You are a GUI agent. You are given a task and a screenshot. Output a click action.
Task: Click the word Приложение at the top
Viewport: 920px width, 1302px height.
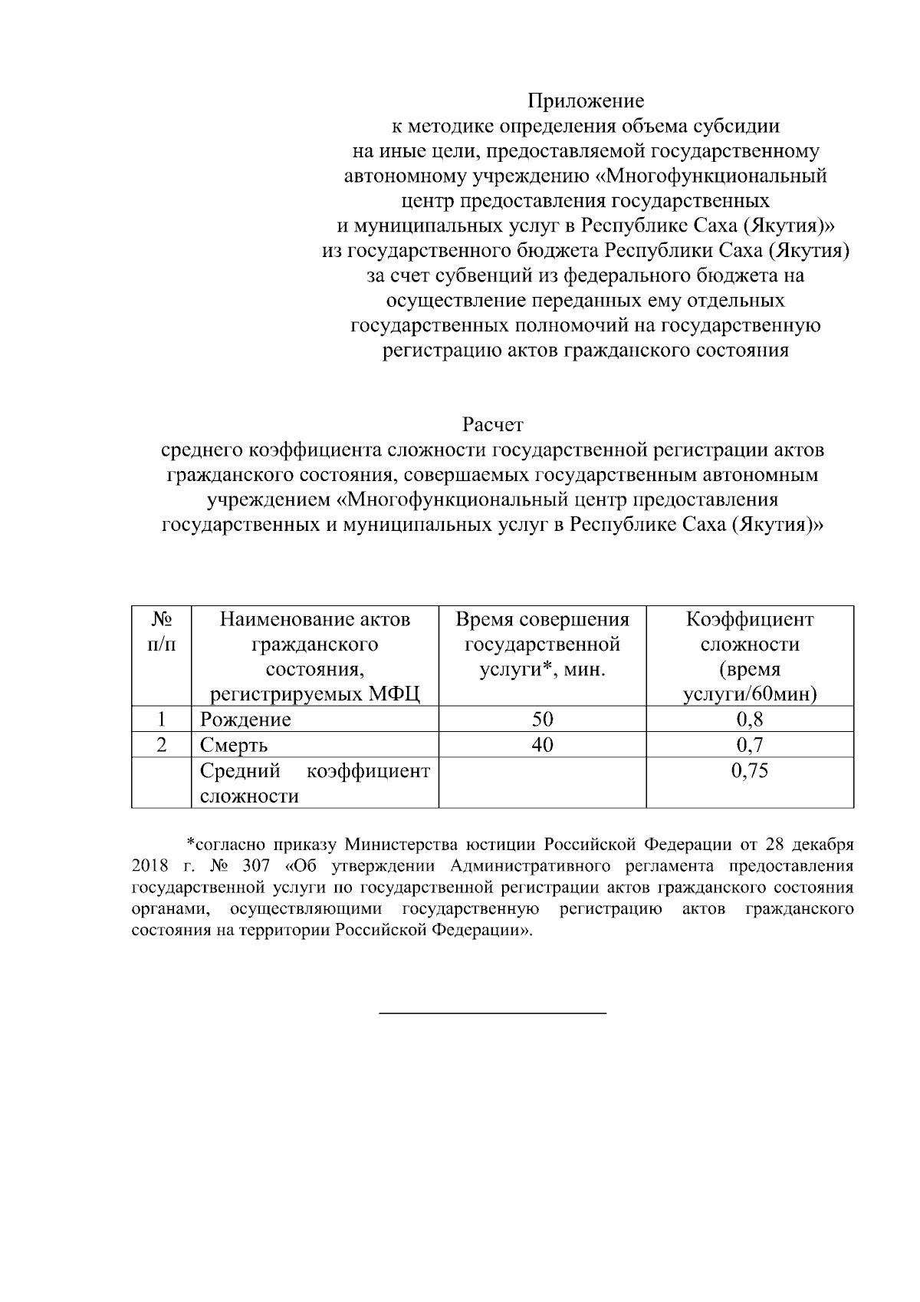(x=585, y=101)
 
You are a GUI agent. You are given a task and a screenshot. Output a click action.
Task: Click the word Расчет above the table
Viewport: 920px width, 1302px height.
(x=492, y=424)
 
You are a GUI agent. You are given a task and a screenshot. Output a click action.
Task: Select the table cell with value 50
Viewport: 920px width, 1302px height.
(x=542, y=720)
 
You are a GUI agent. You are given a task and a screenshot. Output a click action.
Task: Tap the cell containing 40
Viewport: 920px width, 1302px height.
(x=542, y=745)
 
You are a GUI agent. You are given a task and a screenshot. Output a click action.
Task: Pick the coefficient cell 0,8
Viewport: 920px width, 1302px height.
(x=749, y=720)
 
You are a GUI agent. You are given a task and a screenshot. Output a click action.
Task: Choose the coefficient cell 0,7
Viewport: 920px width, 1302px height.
(x=749, y=745)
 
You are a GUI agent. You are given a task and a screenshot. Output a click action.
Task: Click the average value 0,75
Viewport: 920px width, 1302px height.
(x=749, y=771)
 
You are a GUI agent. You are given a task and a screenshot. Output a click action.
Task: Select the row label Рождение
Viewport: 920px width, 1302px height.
(x=245, y=720)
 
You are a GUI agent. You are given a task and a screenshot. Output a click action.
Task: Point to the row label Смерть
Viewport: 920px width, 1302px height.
(x=234, y=746)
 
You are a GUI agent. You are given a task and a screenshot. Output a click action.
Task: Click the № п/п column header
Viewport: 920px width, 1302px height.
(x=161, y=631)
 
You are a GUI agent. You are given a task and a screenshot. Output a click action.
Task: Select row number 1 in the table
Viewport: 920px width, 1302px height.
(x=161, y=720)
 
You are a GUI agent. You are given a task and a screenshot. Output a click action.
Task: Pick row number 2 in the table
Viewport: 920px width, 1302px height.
(x=161, y=745)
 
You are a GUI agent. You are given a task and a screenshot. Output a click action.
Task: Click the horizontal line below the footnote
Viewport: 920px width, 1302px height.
(x=493, y=1014)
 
